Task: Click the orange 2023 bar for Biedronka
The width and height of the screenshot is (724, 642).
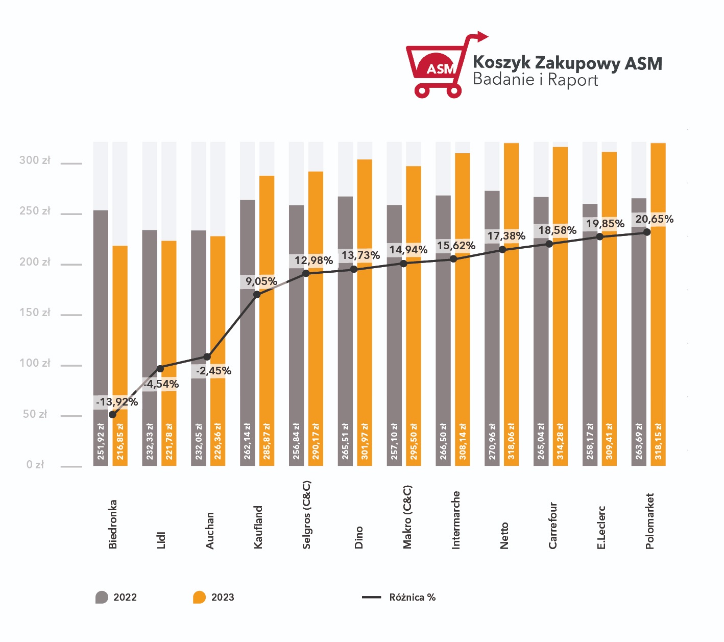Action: [x=120, y=355]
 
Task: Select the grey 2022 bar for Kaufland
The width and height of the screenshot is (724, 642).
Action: [x=247, y=332]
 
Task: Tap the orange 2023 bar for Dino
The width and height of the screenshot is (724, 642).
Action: [x=365, y=313]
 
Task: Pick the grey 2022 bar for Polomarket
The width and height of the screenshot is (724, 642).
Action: [x=639, y=331]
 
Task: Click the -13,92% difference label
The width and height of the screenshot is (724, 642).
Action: [x=117, y=402]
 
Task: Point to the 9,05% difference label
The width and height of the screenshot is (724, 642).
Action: [x=261, y=281]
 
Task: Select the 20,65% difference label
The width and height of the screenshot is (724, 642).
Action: [x=655, y=219]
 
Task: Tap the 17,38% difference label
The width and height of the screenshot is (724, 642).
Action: [x=506, y=236]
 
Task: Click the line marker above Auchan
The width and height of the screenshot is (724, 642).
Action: [x=207, y=356]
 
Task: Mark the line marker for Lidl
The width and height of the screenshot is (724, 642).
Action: [x=160, y=369]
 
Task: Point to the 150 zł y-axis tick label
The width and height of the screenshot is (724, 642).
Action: [x=35, y=313]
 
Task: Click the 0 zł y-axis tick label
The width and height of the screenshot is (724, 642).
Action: [x=35, y=464]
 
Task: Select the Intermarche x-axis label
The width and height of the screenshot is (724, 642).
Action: [x=455, y=520]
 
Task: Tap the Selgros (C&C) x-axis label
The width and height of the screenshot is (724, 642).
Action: [x=306, y=515]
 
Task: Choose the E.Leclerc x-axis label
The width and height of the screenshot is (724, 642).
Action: [x=601, y=528]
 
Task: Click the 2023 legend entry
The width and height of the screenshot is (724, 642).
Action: [x=213, y=598]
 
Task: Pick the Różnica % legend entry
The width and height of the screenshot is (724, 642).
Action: [x=399, y=598]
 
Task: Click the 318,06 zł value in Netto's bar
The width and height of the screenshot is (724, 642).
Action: [x=511, y=441]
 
